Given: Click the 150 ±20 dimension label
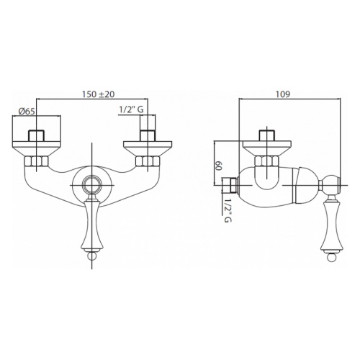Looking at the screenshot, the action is [x=99, y=94].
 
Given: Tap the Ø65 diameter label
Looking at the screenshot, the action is [x=27, y=111].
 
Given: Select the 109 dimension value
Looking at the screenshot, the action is [x=283, y=94].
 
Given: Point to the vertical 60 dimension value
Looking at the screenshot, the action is [x=218, y=166].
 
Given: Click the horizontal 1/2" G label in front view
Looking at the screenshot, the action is [x=132, y=109].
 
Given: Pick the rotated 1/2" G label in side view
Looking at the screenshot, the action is [x=228, y=211].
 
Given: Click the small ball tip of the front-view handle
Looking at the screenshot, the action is [x=92, y=256].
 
